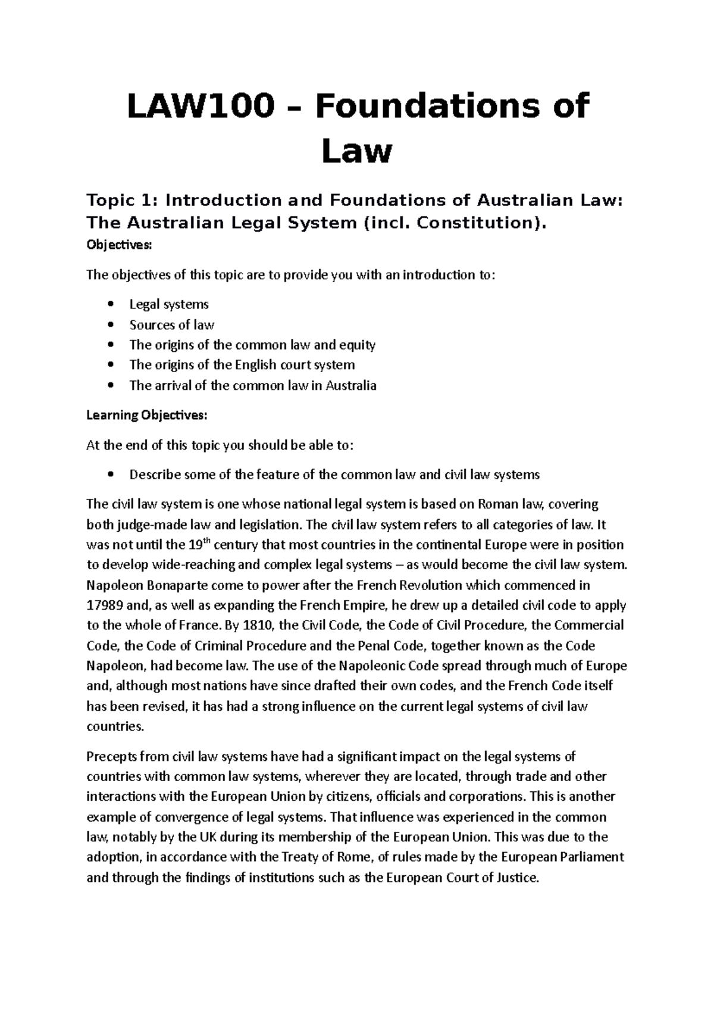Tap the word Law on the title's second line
[x=357, y=151]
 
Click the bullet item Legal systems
[x=169, y=304]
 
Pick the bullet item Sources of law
[x=171, y=324]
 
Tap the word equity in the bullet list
[x=356, y=345]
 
